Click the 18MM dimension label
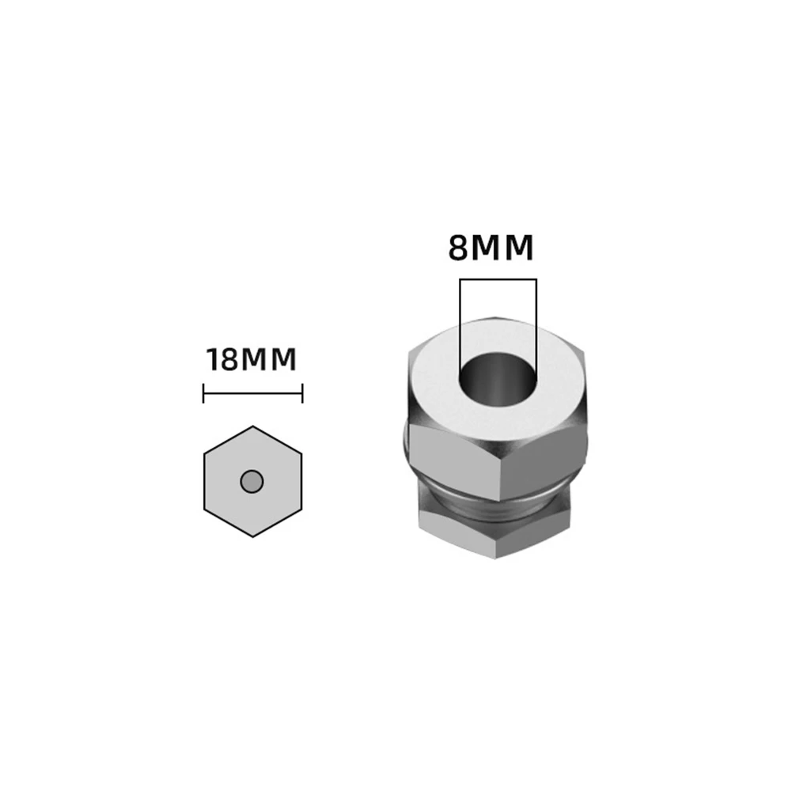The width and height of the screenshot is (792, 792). [252, 360]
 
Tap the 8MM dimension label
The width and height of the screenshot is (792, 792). [491, 248]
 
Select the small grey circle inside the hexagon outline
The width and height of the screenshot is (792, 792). [252, 481]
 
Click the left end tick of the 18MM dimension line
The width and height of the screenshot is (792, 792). [204, 392]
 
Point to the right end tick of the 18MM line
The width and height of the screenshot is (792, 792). [302, 392]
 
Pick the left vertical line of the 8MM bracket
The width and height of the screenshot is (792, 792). [460, 324]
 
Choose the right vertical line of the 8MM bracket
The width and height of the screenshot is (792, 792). [536, 324]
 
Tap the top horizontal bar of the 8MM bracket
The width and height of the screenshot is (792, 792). [498, 279]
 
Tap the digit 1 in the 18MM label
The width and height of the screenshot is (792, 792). [213, 360]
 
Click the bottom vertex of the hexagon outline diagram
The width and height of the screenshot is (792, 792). [253, 537]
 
